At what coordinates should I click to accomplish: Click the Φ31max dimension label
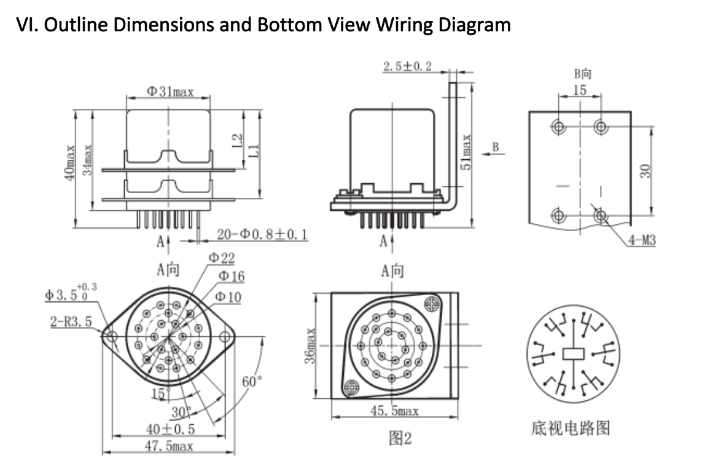[170, 92]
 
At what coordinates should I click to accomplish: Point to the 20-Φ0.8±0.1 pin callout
[262, 234]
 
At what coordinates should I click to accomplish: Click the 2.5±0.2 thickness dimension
[407, 66]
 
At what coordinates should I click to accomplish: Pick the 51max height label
[466, 153]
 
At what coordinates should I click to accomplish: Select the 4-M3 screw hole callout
[641, 240]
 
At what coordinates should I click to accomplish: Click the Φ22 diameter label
[221, 258]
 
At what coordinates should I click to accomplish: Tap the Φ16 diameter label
[231, 277]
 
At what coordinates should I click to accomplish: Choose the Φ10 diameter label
[228, 297]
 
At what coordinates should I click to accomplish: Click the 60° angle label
[252, 382]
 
